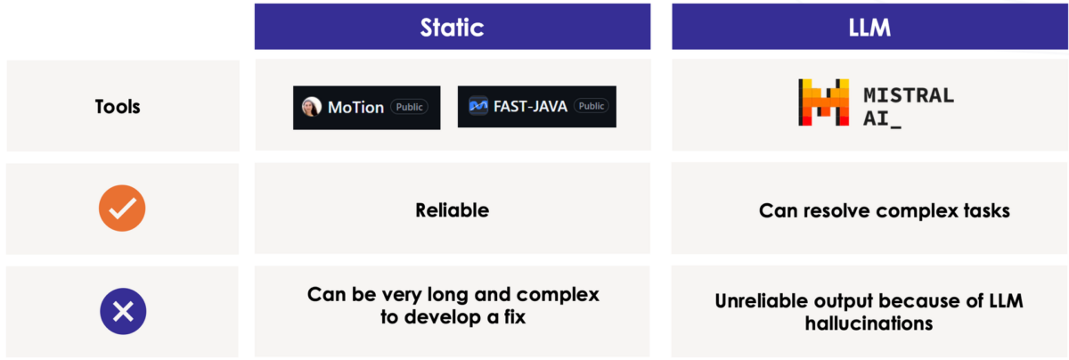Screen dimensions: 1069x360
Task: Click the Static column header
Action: tap(452, 28)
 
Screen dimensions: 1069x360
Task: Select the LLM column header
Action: tap(869, 28)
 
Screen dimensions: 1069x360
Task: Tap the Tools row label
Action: tap(118, 106)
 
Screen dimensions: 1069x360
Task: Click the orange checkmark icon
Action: tap(122, 209)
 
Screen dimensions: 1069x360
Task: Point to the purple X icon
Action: tap(123, 311)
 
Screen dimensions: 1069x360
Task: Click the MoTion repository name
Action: tap(355, 108)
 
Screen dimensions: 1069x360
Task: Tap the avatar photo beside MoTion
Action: tap(312, 106)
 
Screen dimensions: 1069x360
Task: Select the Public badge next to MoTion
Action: tap(410, 107)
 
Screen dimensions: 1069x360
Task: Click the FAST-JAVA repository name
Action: tap(530, 106)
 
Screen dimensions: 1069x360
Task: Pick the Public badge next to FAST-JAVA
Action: tap(592, 106)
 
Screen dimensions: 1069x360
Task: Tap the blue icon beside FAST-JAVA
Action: tap(478, 105)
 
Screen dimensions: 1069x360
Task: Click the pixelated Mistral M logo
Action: tap(824, 102)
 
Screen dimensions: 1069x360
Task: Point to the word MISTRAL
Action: tap(909, 95)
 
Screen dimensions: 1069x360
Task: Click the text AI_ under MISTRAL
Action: tap(882, 119)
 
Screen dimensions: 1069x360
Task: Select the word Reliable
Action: tap(452, 210)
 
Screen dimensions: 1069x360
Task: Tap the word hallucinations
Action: tap(869, 323)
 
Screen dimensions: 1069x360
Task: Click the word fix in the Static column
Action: tap(515, 316)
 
